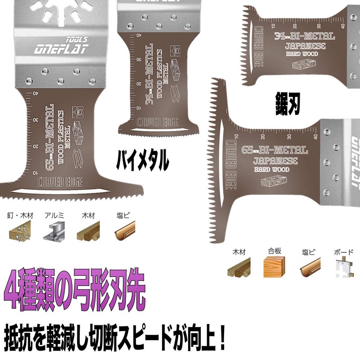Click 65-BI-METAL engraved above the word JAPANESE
pyautogui.click(x=274, y=150)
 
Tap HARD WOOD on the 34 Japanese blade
pyautogui.click(x=302, y=54)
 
